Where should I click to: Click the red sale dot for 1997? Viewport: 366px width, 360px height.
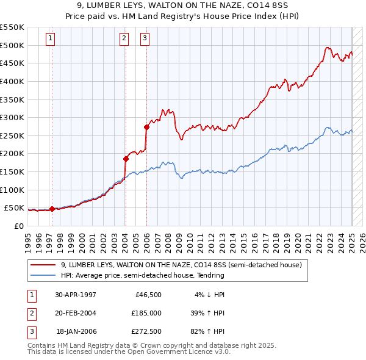click(x=52, y=209)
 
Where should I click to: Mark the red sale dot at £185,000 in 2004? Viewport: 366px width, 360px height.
click(x=125, y=159)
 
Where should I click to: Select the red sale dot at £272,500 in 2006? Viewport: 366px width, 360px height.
click(x=146, y=127)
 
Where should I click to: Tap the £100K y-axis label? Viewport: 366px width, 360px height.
click(x=12, y=190)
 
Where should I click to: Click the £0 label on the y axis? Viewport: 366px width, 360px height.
click(x=18, y=226)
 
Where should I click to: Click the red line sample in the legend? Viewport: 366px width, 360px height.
click(x=43, y=265)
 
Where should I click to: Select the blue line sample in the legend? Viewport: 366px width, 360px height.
click(x=43, y=275)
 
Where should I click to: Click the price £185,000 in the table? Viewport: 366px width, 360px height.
click(x=146, y=313)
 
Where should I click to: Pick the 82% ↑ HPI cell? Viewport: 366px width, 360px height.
click(x=207, y=331)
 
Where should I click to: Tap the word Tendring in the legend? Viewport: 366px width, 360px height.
click(x=209, y=275)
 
